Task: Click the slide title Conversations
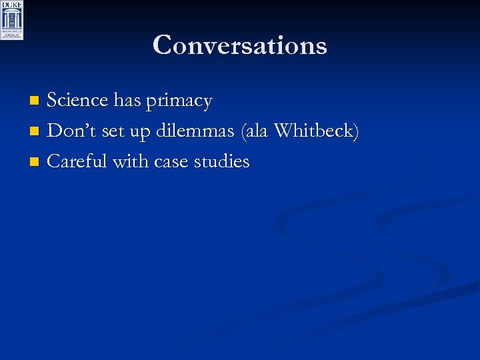[239, 45]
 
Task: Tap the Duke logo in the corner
[12, 21]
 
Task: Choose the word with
[130, 161]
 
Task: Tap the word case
[172, 162]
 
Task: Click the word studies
[222, 161]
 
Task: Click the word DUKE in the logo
[12, 5]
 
